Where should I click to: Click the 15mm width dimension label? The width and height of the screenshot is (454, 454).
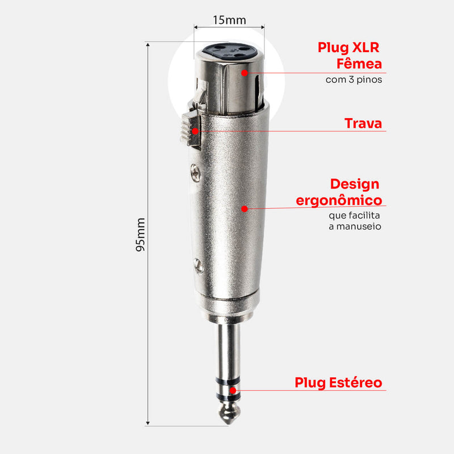click(229, 20)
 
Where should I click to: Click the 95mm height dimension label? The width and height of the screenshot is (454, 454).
click(140, 234)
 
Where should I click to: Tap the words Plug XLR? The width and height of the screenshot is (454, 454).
click(348, 48)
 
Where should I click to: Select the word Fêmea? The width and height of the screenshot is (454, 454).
click(359, 64)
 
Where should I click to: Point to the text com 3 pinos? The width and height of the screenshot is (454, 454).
click(354, 79)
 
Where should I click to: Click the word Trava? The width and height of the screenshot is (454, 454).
click(363, 123)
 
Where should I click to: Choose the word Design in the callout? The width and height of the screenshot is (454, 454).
click(355, 184)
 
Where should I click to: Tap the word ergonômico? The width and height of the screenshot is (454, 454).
click(339, 200)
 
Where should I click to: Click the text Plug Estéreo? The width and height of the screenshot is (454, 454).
click(338, 382)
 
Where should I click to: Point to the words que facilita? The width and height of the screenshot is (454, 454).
click(354, 216)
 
